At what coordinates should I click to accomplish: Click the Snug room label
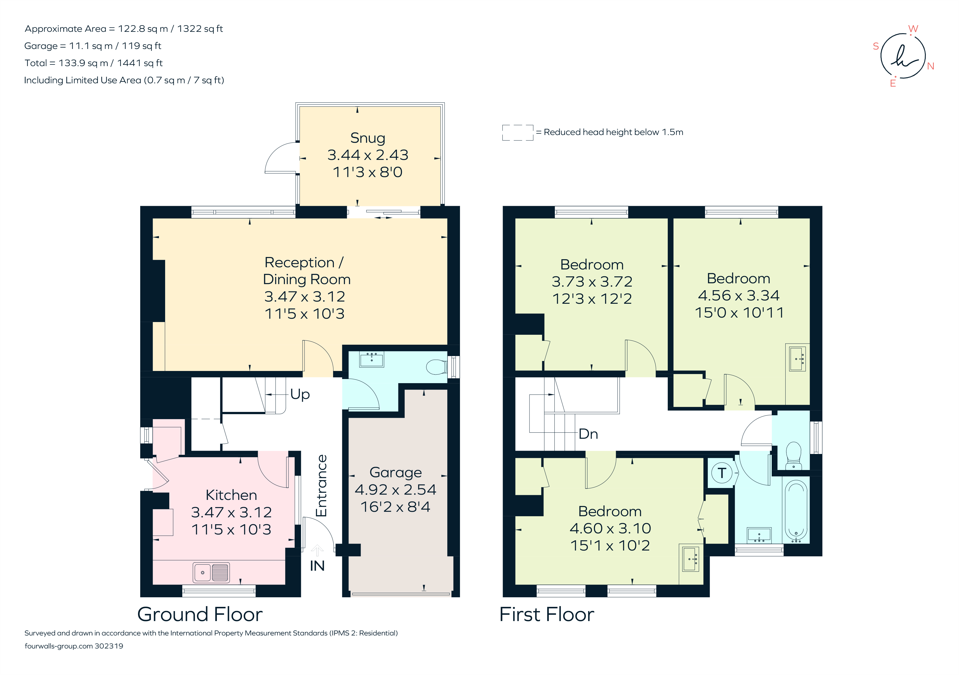click(368, 138)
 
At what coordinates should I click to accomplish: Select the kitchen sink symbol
click(211, 572)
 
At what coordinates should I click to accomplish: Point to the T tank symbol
click(722, 473)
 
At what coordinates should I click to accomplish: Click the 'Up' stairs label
click(300, 394)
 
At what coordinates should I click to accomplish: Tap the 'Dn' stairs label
click(588, 434)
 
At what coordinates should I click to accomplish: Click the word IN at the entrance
click(317, 566)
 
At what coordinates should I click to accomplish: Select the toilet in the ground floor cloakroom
click(436, 367)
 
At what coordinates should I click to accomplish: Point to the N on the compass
click(931, 66)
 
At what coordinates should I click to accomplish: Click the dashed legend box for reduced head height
click(518, 133)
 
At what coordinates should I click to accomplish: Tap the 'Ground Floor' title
click(200, 614)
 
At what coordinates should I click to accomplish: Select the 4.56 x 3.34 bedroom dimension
click(739, 296)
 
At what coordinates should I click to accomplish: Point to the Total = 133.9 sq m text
click(93, 63)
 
